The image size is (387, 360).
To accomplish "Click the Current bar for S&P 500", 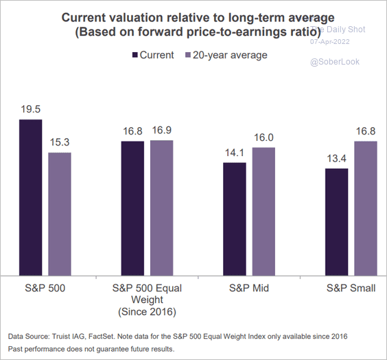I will coord(30,197).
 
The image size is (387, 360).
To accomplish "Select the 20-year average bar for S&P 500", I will coord(60,214).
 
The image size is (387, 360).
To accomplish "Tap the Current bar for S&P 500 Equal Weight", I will coord(132,207).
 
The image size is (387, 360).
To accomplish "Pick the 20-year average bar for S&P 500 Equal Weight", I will coord(162,207).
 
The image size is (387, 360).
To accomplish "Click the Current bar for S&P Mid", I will coord(235,218).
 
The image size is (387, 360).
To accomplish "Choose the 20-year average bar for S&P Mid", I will coord(263,211).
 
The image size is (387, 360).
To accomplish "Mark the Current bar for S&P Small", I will coord(336,221).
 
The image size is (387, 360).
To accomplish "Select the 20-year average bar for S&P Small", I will coord(366,207).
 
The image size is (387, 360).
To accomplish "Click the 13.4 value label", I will coord(336,159).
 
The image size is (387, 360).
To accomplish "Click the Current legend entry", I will coord(152,55).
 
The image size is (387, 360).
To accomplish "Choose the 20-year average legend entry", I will coord(224,55).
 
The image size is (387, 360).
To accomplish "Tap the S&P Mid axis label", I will coord(249,288).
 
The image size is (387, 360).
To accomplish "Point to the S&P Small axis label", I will coord(351,288).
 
